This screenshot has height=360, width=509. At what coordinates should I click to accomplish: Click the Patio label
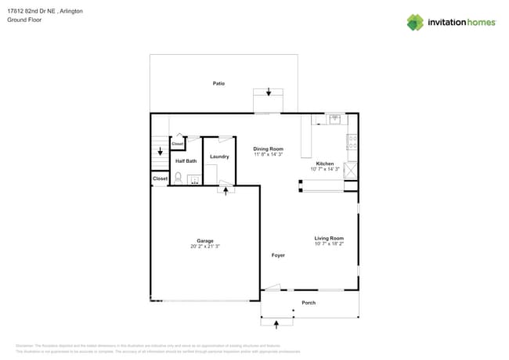[x=218, y=83]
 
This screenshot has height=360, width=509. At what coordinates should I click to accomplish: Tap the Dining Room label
[x=268, y=149]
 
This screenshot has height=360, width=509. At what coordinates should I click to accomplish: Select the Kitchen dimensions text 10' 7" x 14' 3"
[x=324, y=169]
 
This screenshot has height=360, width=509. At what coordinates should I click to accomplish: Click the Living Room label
[x=329, y=238]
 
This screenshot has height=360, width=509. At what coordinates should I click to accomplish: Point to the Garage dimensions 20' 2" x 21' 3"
[x=204, y=247]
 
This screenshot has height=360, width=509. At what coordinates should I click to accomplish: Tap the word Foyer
[x=278, y=255]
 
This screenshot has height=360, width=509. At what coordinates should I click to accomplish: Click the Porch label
[x=309, y=303]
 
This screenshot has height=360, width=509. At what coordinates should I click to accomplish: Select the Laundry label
[x=219, y=157]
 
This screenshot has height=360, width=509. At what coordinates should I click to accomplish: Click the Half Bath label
[x=186, y=161]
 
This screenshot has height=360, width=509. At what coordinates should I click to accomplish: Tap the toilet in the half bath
[x=178, y=178]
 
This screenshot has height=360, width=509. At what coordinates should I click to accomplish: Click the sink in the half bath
[x=193, y=180]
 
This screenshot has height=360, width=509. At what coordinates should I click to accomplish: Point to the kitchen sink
[x=335, y=119]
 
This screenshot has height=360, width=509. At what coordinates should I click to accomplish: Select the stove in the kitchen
[x=352, y=142]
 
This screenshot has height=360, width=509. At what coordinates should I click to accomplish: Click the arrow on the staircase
[x=160, y=152]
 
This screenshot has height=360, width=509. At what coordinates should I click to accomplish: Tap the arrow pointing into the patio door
[x=269, y=92]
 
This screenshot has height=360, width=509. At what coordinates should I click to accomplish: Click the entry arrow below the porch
[x=276, y=325]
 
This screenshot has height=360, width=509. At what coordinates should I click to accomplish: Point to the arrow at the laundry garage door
[x=226, y=191]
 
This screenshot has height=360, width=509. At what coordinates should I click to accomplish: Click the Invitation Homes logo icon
[x=415, y=22]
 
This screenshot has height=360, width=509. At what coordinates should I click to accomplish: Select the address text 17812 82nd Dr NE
[x=31, y=12]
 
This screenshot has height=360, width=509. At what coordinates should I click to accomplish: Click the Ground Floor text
[x=24, y=20]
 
